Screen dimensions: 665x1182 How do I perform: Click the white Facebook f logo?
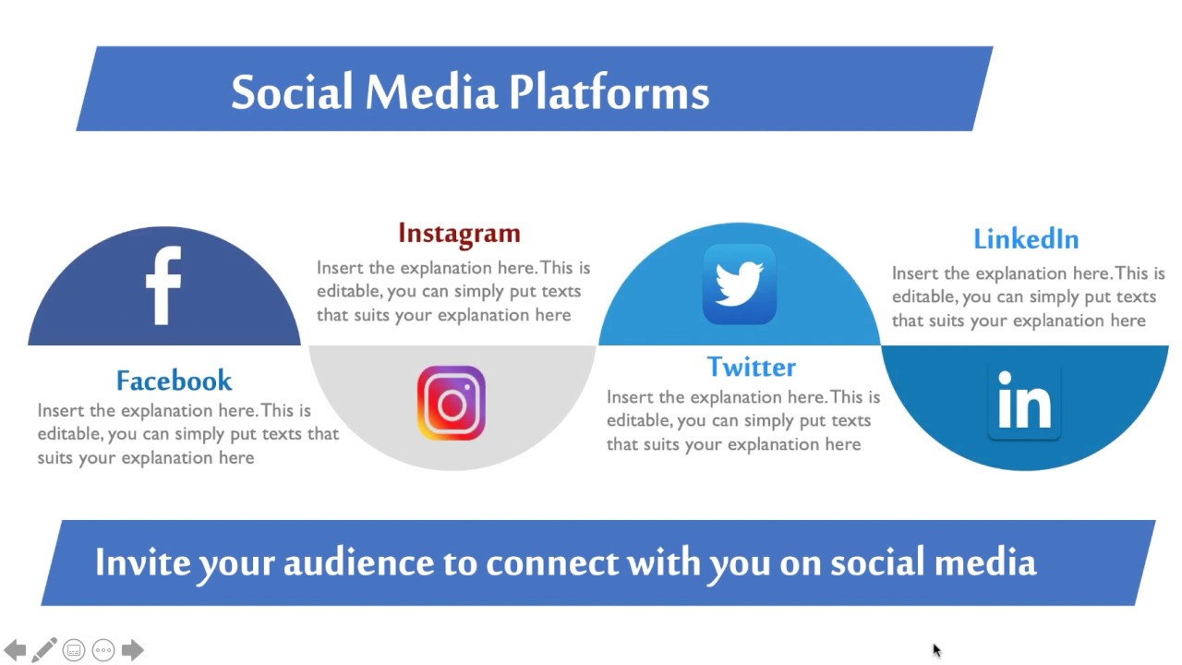click(x=163, y=285)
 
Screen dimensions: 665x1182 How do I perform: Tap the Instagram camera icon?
click(x=451, y=404)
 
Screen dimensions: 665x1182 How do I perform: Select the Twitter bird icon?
click(x=739, y=284)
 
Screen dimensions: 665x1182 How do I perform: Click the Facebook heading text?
click(x=174, y=381)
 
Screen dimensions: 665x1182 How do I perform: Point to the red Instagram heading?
click(x=459, y=233)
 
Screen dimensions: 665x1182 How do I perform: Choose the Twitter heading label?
click(x=751, y=367)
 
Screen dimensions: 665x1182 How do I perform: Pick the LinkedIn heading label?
click(x=1025, y=238)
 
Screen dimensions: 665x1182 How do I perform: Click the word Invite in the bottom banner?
click(x=141, y=562)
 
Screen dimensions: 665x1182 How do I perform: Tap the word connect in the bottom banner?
click(x=551, y=562)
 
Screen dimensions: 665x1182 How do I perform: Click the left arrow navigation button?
click(x=15, y=650)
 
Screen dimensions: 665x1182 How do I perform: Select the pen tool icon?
click(x=43, y=650)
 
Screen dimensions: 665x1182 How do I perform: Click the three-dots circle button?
click(x=103, y=650)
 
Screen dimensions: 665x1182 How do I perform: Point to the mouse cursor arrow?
click(x=936, y=650)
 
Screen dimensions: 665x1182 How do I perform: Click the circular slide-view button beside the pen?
click(x=74, y=650)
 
